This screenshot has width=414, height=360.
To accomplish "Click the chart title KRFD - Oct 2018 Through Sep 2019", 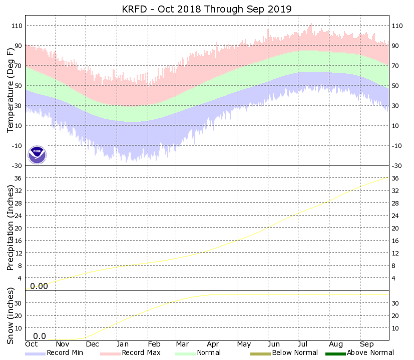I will [x=207, y=9].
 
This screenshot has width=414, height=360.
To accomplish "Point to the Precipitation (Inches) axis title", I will [x=11, y=227].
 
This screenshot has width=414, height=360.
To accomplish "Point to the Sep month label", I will [x=367, y=344].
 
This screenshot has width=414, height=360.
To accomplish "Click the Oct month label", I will [x=32, y=344].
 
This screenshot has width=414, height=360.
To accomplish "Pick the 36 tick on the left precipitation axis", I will [x=19, y=178].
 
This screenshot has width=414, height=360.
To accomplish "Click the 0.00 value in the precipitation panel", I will [x=39, y=286].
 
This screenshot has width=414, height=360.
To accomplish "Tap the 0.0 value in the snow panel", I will [x=40, y=336].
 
